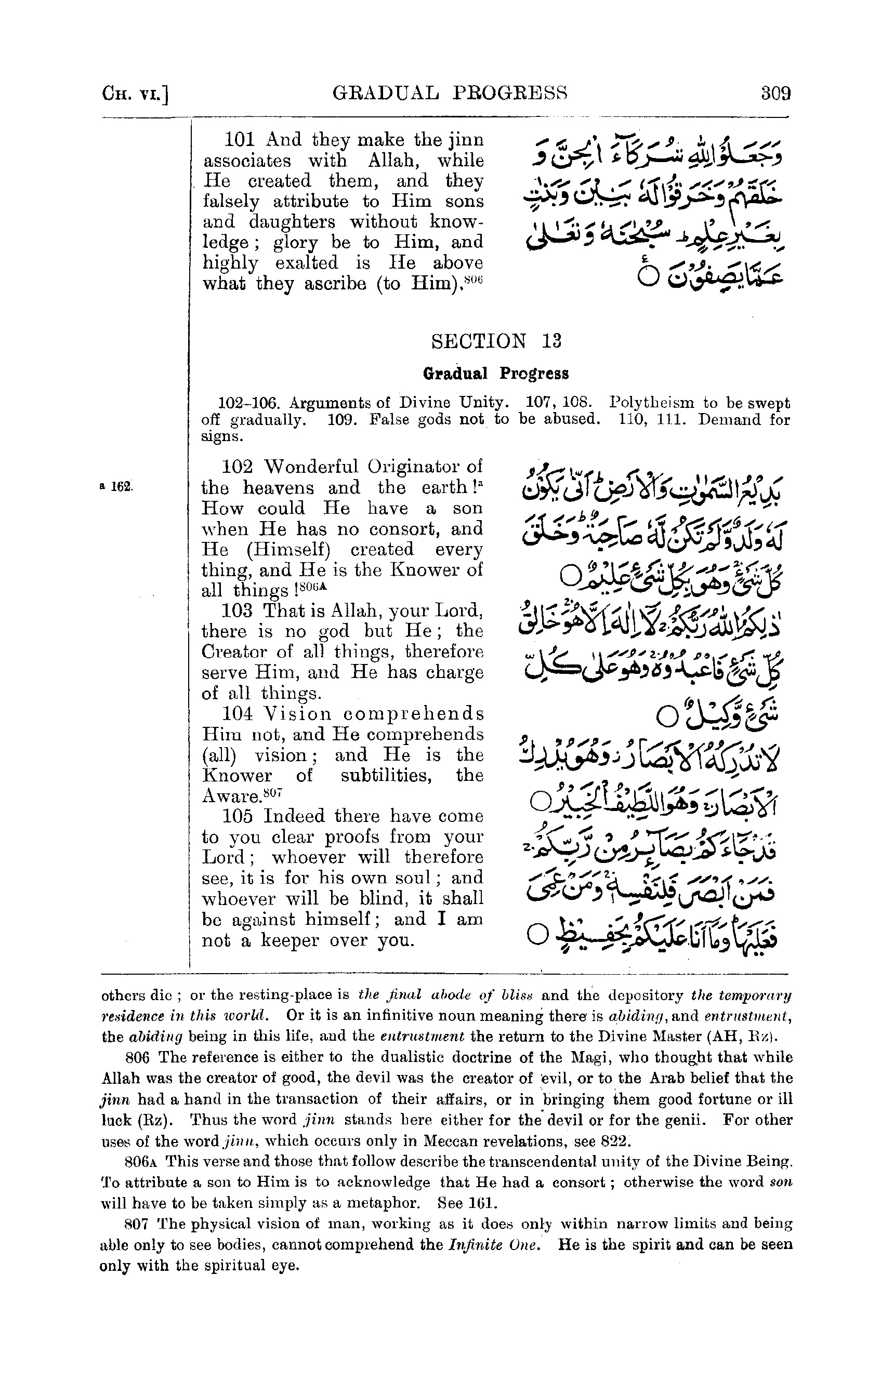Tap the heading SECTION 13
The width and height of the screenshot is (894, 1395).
coord(496,341)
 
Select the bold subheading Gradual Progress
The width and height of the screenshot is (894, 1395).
coord(496,373)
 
